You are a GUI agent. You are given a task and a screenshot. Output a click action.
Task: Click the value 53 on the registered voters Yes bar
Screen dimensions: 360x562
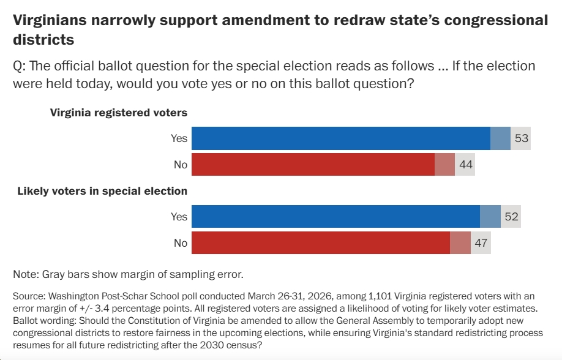tap(521, 138)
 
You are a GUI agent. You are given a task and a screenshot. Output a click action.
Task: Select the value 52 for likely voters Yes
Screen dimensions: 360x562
tap(511, 217)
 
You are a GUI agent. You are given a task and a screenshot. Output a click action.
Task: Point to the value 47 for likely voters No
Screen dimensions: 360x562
tap(481, 243)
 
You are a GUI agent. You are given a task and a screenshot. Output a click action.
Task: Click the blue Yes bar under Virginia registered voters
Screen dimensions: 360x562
tap(340, 138)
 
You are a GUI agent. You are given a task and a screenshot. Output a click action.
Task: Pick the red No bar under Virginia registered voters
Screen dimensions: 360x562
tap(313, 165)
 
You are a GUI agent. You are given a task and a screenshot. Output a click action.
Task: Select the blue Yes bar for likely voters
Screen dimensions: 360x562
tap(335, 217)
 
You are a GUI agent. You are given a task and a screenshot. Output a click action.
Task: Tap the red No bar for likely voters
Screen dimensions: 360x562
tap(321, 243)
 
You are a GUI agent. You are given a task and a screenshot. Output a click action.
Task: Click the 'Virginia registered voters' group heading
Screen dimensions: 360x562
tap(118, 113)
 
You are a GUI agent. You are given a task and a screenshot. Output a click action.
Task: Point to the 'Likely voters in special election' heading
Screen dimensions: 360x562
tap(102, 191)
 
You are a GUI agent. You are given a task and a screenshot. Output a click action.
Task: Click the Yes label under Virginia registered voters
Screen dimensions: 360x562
tap(179, 138)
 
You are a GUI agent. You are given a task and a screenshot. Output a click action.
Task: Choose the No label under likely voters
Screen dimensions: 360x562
tap(180, 243)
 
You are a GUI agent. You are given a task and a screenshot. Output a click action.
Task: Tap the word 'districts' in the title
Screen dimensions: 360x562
tap(43, 40)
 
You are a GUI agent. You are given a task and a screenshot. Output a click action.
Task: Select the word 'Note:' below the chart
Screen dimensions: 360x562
tap(25, 273)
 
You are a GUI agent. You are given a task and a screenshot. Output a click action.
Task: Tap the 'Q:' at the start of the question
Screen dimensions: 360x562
tap(20, 66)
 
